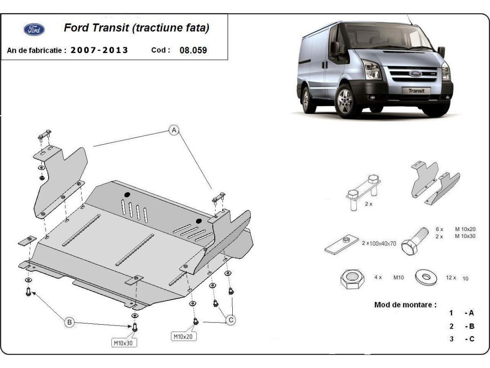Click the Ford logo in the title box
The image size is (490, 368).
click(34, 29)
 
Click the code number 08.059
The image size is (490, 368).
click(193, 50)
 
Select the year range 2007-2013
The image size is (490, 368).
click(99, 50)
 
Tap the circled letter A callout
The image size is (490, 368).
click(174, 130)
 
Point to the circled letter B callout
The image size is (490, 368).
click(69, 323)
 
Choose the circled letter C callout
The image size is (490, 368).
click(231, 320)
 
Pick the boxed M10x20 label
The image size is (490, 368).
click(183, 337)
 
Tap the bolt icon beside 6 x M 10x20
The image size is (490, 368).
click(413, 241)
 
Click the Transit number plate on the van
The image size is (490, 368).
click(416, 91)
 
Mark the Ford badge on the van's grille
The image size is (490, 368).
click(415, 74)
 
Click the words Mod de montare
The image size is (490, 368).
click(405, 305)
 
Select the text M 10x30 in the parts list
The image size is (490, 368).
click(465, 236)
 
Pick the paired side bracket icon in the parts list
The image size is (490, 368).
click(434, 182)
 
